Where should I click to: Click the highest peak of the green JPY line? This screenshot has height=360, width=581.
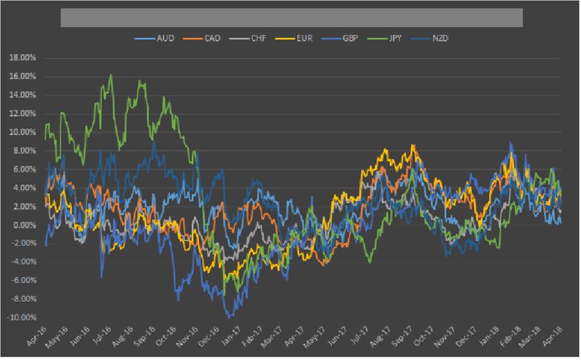tap(111, 75)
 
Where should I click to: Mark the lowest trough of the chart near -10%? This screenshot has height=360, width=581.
tap(227, 317)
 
